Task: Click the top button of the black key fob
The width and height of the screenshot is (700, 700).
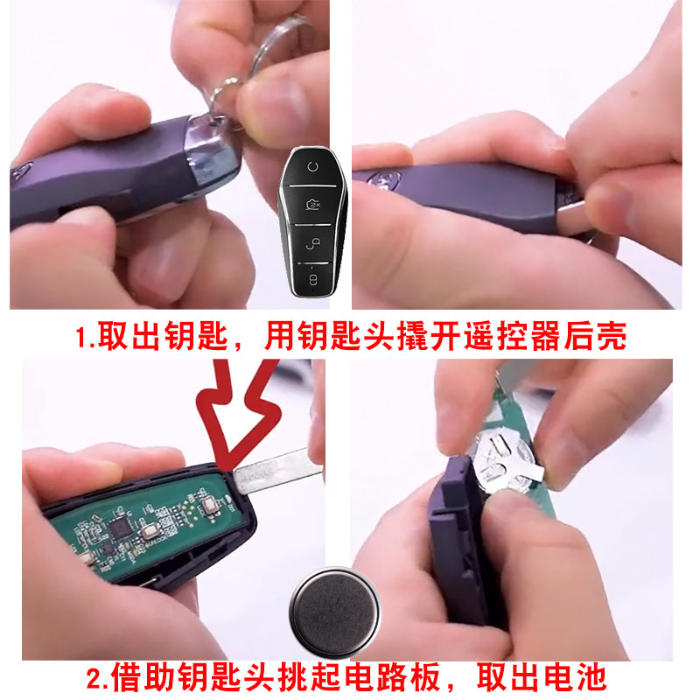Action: pos(312,167)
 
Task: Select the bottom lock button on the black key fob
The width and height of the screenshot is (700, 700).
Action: pos(313,279)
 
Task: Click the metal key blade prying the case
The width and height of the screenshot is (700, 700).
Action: pos(277,472)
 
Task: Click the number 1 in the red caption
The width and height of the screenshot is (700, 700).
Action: pos(81,338)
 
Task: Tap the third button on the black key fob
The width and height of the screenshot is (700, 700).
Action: pos(313,244)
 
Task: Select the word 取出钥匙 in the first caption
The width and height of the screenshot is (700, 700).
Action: pos(163,336)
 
